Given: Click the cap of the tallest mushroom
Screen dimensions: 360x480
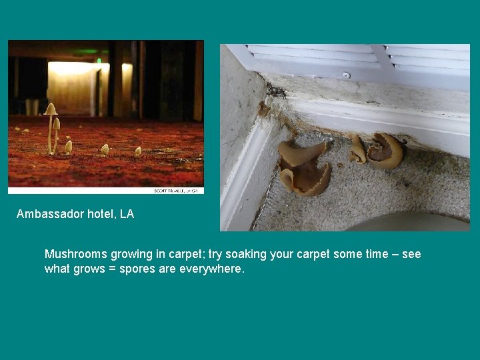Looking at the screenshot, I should [x=50, y=109].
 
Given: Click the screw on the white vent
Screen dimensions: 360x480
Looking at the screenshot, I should [x=346, y=75].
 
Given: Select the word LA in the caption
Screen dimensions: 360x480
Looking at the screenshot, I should [x=127, y=214].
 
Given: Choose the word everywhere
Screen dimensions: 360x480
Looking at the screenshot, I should [x=213, y=269].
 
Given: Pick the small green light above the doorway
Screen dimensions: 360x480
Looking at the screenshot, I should [x=99, y=61].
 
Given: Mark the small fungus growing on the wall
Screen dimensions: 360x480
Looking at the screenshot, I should [x=264, y=109].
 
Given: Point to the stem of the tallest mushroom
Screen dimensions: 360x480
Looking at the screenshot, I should [x=50, y=133].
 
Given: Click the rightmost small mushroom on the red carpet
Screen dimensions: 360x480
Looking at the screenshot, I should [x=138, y=151].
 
